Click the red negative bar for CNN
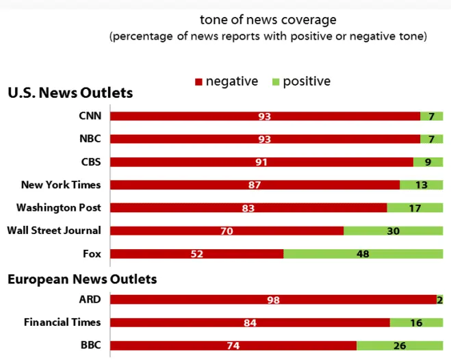(265, 116)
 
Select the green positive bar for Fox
(363, 254)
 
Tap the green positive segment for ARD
(440, 300)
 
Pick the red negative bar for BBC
(233, 346)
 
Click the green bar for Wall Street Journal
(393, 231)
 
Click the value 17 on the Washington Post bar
(415, 208)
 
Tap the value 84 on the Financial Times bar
(250, 323)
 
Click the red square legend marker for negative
(198, 82)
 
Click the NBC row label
(90, 139)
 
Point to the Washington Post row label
(59, 207)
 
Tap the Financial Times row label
(62, 322)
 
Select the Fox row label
(92, 254)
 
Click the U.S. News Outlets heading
(70, 93)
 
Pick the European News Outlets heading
(82, 279)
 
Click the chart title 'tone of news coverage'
(268, 20)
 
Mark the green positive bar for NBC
(431, 139)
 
